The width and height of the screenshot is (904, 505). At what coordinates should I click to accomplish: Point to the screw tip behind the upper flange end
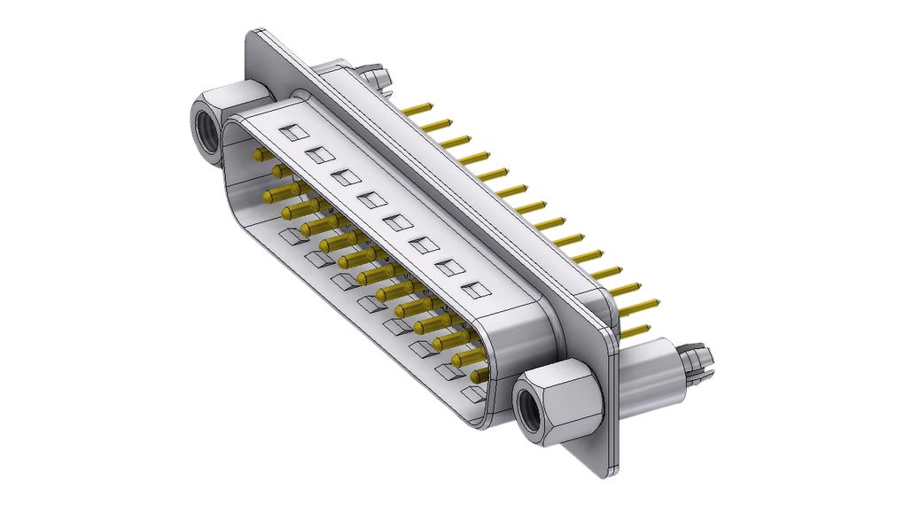(x=378, y=74)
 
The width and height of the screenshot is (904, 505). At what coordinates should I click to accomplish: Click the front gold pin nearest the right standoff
(x=479, y=376)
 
